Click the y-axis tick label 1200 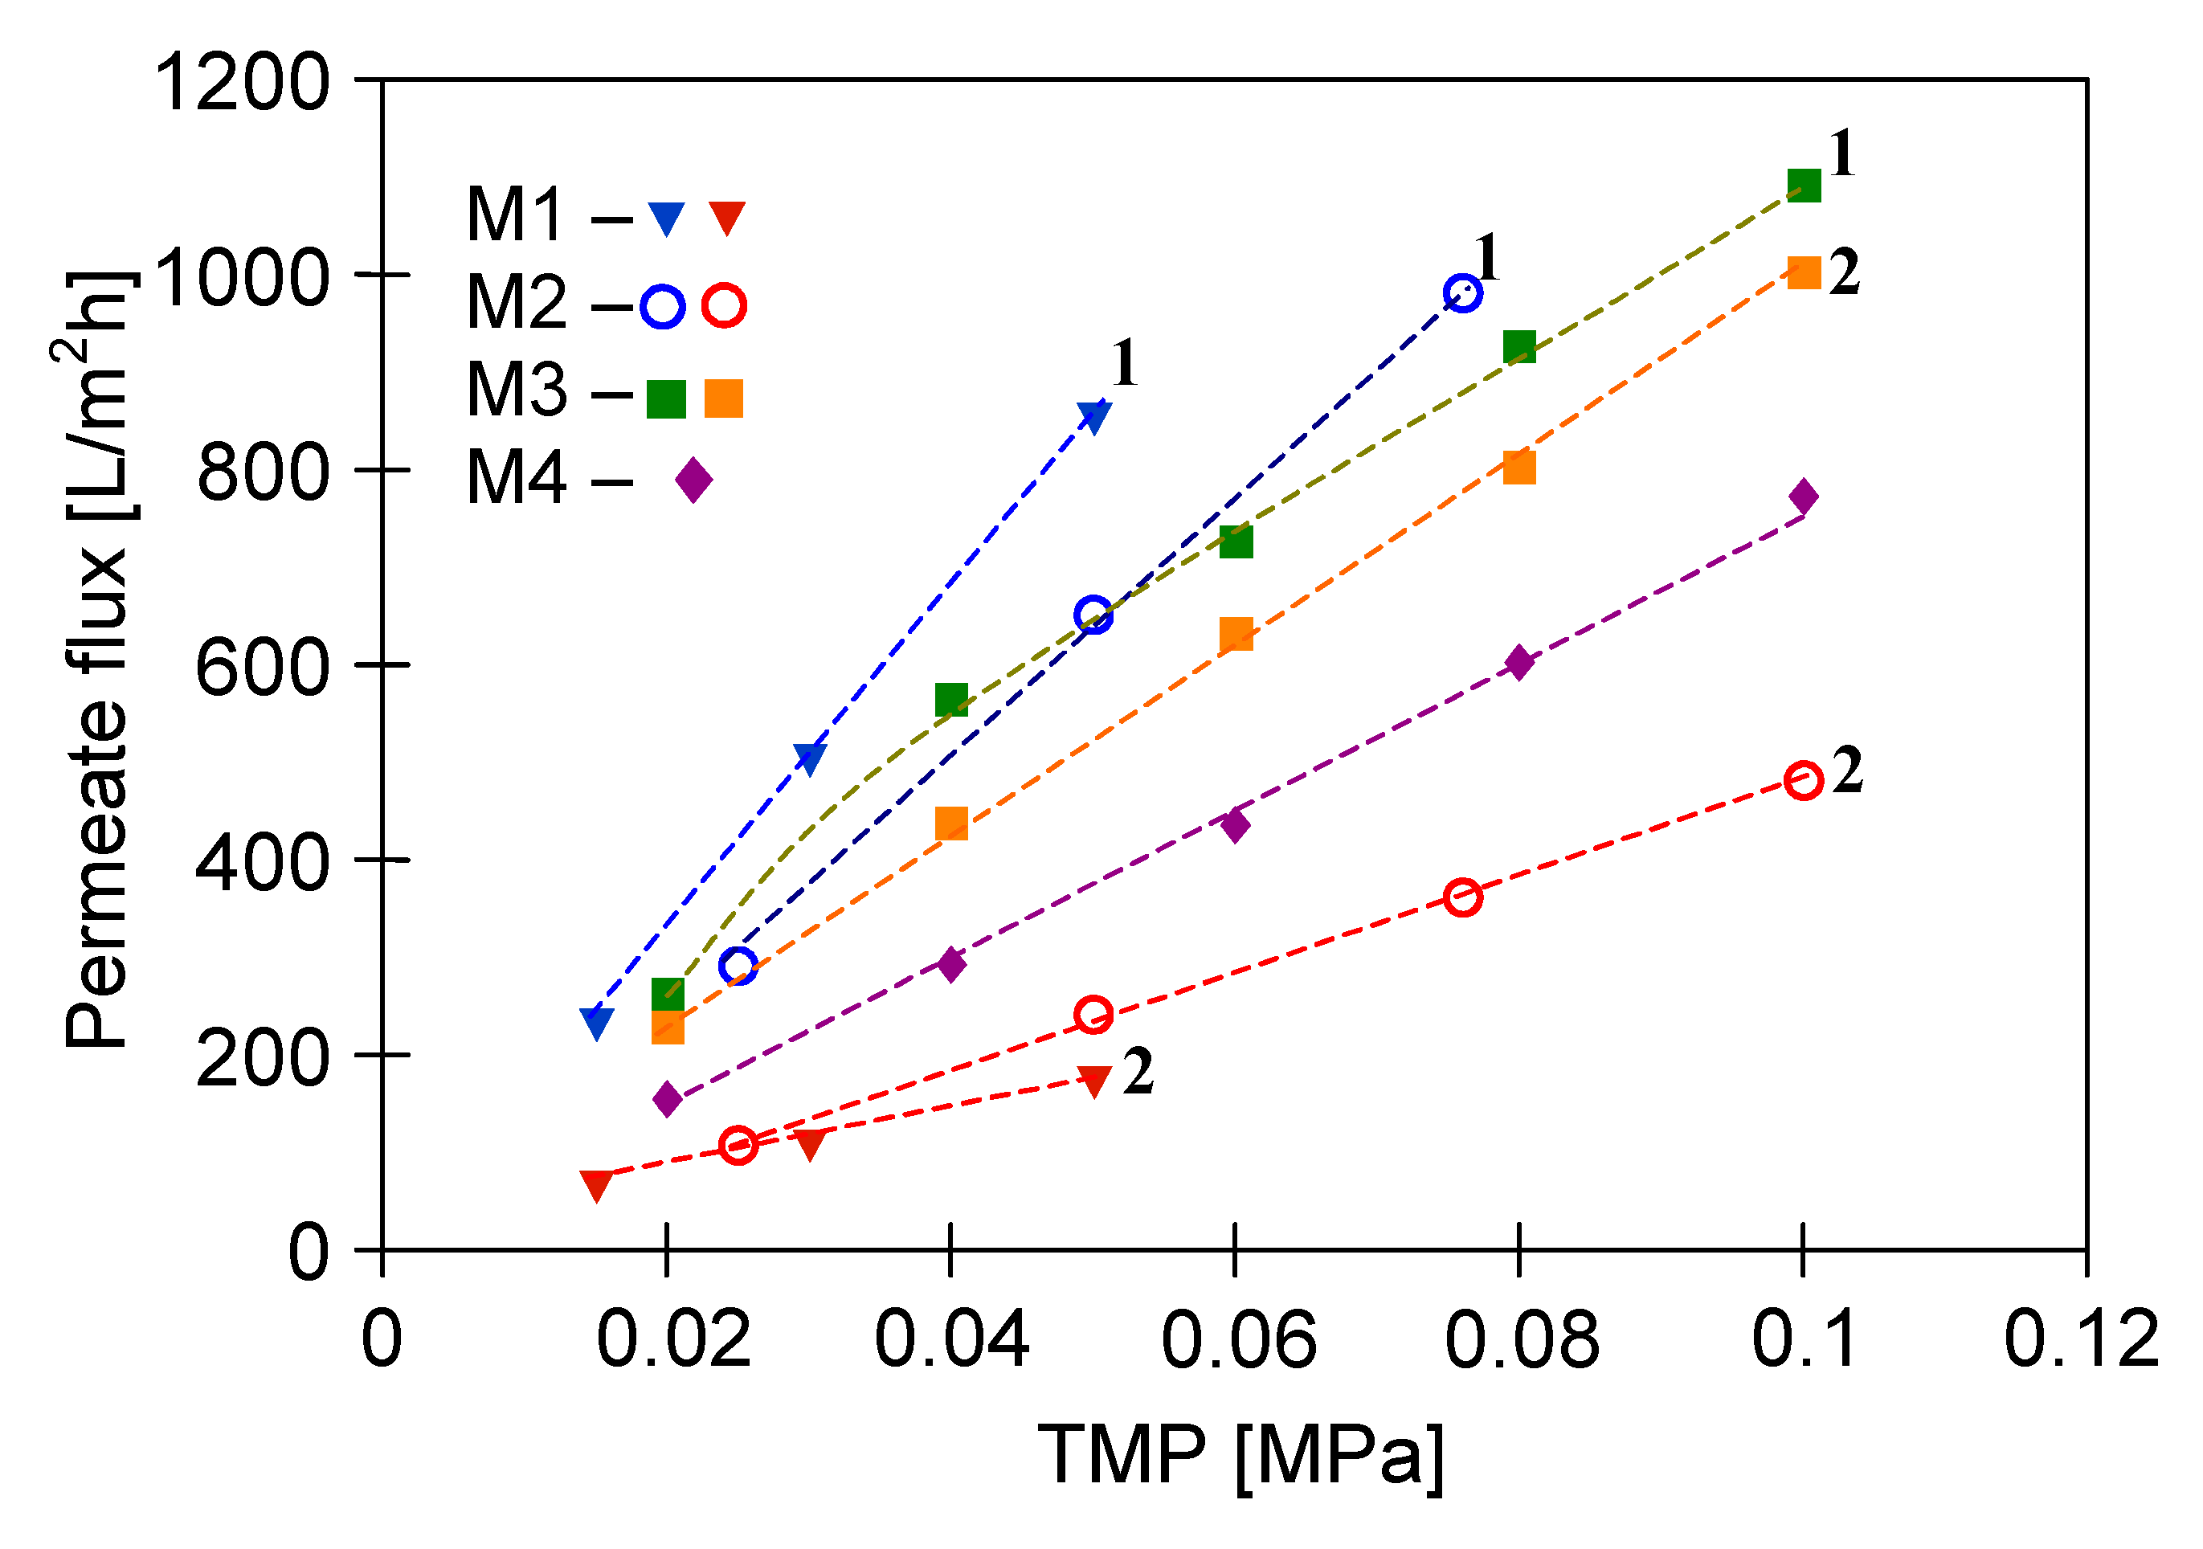(242, 84)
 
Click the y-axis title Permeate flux (96, 662)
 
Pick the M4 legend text (517, 479)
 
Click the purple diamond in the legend (693, 479)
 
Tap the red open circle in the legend (725, 306)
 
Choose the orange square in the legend (723, 398)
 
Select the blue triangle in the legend (665, 218)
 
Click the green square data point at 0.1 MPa (1804, 184)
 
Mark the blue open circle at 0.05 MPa (1093, 615)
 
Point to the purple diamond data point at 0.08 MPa (1518, 662)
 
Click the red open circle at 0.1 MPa (1804, 780)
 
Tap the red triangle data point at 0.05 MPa (1093, 1080)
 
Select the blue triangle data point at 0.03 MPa (810, 759)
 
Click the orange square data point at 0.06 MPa (1236, 633)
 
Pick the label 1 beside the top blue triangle (1125, 364)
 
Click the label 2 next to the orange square (1843, 272)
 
